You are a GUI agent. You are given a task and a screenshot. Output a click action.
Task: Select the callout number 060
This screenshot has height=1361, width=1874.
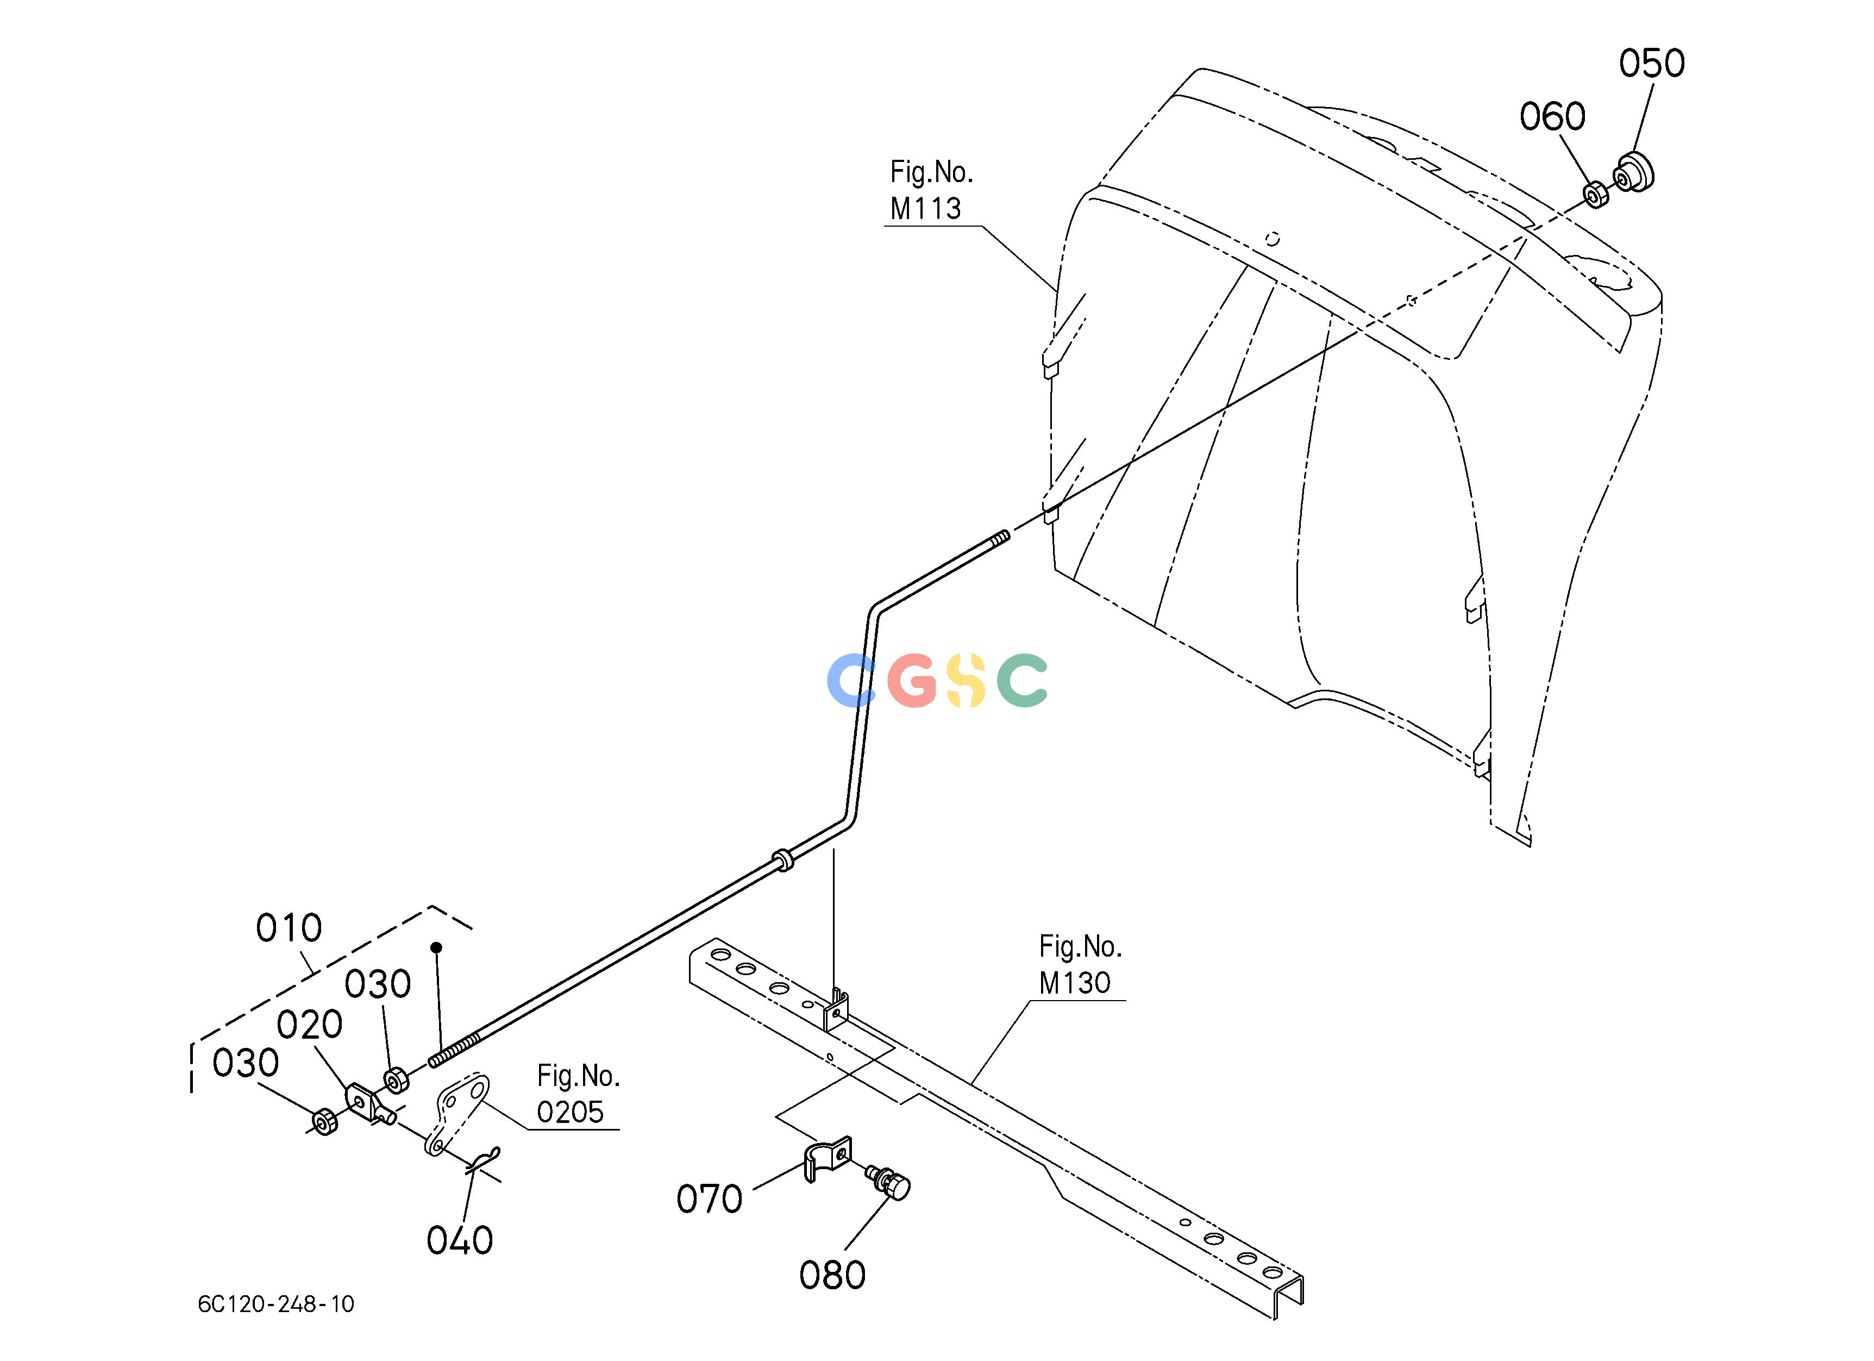pyautogui.click(x=1552, y=116)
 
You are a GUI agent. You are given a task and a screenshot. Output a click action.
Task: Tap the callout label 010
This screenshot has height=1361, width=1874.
pyautogui.click(x=289, y=929)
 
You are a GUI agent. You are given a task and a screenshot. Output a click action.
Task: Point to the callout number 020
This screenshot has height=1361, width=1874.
pyautogui.click(x=309, y=1025)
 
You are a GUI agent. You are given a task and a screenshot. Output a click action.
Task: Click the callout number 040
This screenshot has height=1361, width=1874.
pyautogui.click(x=460, y=1240)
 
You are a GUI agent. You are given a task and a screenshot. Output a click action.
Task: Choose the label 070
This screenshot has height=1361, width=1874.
pyautogui.click(x=709, y=1199)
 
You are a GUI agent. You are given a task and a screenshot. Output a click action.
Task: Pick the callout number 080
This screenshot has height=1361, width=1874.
pyautogui.click(x=832, y=1276)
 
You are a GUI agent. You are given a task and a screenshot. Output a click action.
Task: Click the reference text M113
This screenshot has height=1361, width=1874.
pyautogui.click(x=925, y=208)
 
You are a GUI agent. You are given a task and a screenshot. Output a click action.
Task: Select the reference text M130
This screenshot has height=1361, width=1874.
pyautogui.click(x=1074, y=983)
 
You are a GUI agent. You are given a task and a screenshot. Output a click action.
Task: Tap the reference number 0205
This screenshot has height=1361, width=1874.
pyautogui.click(x=570, y=1112)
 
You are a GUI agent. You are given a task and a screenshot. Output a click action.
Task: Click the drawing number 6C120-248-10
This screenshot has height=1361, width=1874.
pyautogui.click(x=276, y=1304)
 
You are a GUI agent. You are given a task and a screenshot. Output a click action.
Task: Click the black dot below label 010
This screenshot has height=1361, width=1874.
pyautogui.click(x=436, y=947)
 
